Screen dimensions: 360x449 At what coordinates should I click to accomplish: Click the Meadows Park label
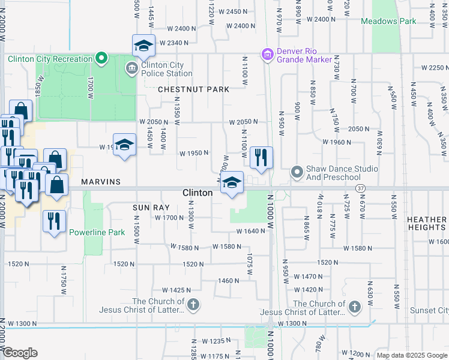388,21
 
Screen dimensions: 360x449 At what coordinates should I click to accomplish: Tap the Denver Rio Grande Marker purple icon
267,55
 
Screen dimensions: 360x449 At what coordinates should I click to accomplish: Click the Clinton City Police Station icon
131,68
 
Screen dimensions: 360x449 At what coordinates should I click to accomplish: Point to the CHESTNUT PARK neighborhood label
193,89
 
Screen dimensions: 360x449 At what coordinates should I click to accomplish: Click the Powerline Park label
97,232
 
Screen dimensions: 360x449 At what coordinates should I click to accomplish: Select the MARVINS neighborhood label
101,181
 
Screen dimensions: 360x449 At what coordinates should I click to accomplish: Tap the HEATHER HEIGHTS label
427,224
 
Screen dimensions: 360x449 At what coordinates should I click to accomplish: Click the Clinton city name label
197,193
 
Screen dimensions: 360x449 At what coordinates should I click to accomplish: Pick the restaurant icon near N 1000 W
261,157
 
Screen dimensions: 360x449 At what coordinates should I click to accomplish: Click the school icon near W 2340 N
144,45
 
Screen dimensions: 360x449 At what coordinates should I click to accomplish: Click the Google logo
20,353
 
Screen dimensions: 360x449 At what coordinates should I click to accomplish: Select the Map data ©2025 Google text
412,355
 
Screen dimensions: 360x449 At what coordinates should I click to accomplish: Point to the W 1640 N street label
250,231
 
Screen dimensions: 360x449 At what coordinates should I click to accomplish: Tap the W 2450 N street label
233,11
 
